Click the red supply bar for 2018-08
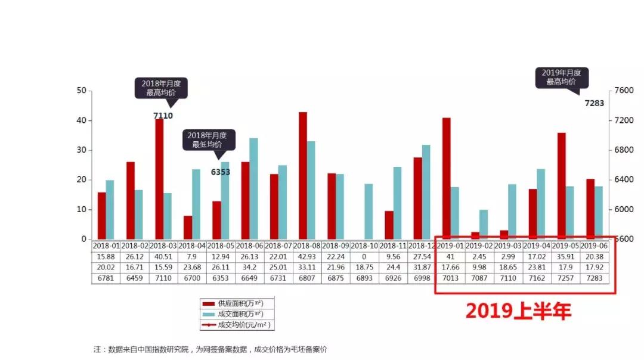pos(302,175)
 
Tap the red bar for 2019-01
pos(446,178)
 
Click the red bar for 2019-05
pos(561,185)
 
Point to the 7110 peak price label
pos(163,116)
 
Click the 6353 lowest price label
pos(220,172)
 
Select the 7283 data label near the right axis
pos(594,103)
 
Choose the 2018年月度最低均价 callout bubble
pos(208,140)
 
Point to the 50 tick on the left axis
pos(82,91)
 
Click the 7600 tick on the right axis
pos(623,91)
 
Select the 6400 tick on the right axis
pos(623,180)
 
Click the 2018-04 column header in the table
pos(192,246)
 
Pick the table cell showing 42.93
pos(307,256)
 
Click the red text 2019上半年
pos(518,311)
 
